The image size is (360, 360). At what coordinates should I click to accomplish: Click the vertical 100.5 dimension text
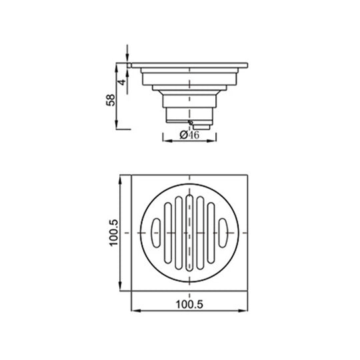click(x=114, y=233)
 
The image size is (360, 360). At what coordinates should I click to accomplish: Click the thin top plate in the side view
click(x=190, y=65)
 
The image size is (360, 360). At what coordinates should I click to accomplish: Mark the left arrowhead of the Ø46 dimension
click(x=164, y=136)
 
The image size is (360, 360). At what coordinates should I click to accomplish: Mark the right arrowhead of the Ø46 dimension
click(x=216, y=136)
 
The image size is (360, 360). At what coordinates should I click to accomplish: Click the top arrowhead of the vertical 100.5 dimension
click(x=120, y=179)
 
